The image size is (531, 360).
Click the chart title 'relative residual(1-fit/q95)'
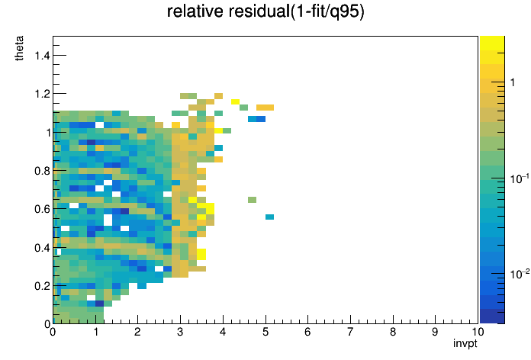pos(265,11)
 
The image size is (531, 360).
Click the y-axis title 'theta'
pos(19,48)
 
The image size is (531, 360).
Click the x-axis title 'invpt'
pos(465,343)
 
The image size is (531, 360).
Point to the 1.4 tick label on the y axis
pos(42,55)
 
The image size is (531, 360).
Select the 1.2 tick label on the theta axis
pos(42,94)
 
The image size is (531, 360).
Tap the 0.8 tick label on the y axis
pos(42,171)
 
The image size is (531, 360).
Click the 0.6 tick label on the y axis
pos(42,209)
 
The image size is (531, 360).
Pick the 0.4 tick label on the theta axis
pos(42,248)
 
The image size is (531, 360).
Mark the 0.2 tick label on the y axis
pos(42,286)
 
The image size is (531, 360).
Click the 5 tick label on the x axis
pos(265,332)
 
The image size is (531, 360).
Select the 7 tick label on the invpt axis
pos(350,332)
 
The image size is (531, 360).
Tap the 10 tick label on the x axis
pos(478,332)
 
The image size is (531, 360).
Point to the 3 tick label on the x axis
pos(180,332)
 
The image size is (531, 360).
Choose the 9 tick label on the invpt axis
pos(435,332)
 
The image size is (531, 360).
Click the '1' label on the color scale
pos(513,82)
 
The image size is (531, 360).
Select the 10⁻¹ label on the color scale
pos(520,178)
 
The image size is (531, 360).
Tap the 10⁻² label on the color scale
pos(520,274)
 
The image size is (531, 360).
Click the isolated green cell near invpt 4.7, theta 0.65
pos(252,200)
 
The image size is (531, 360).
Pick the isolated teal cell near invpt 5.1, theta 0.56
pos(269,217)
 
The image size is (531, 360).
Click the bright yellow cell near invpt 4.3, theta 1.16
pos(235,102)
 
